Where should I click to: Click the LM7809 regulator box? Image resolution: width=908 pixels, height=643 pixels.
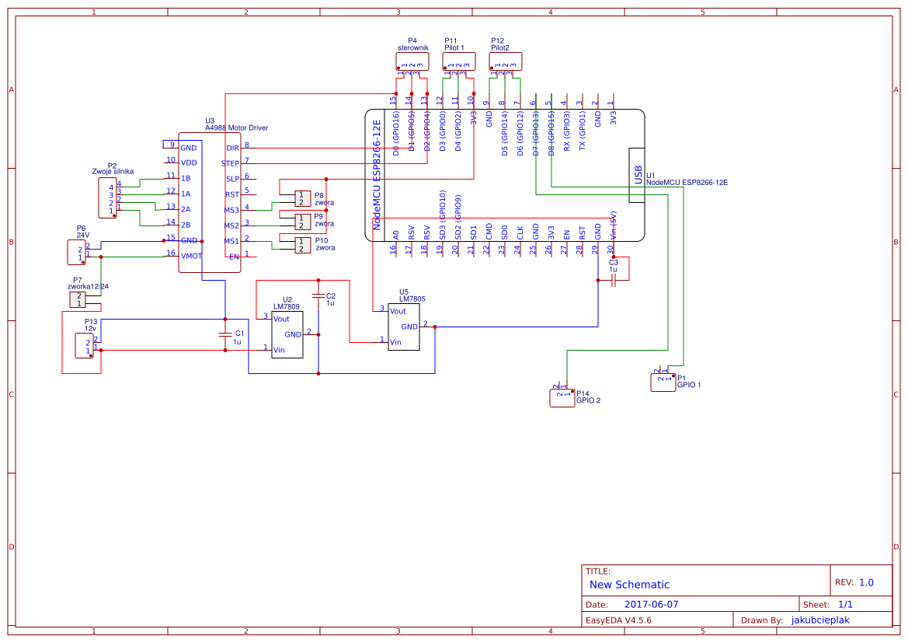pyautogui.click(x=287, y=334)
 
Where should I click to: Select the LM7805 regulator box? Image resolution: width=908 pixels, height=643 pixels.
pyautogui.click(x=404, y=327)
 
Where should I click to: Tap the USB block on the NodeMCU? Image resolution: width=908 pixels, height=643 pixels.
pyautogui.click(x=636, y=175)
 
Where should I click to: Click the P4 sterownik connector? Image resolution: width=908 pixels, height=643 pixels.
pyautogui.click(x=412, y=61)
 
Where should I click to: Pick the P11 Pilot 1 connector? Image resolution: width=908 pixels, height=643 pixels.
pyautogui.click(x=458, y=61)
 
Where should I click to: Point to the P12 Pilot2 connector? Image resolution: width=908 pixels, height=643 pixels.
pyautogui.click(x=505, y=61)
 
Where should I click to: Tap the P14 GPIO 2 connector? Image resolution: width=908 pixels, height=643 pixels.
pyautogui.click(x=561, y=397)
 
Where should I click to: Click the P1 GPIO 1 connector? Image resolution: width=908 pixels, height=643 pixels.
pyautogui.click(x=663, y=382)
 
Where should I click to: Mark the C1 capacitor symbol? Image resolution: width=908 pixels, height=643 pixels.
pyautogui.click(x=224, y=334)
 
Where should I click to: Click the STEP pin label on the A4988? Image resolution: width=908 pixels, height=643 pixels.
pyautogui.click(x=231, y=163)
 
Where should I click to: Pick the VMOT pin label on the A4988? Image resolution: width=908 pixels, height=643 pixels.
pyautogui.click(x=190, y=256)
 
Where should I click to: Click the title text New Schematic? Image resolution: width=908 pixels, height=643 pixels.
pyautogui.click(x=629, y=585)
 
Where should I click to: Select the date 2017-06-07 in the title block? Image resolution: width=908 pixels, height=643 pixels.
pyautogui.click(x=651, y=604)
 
